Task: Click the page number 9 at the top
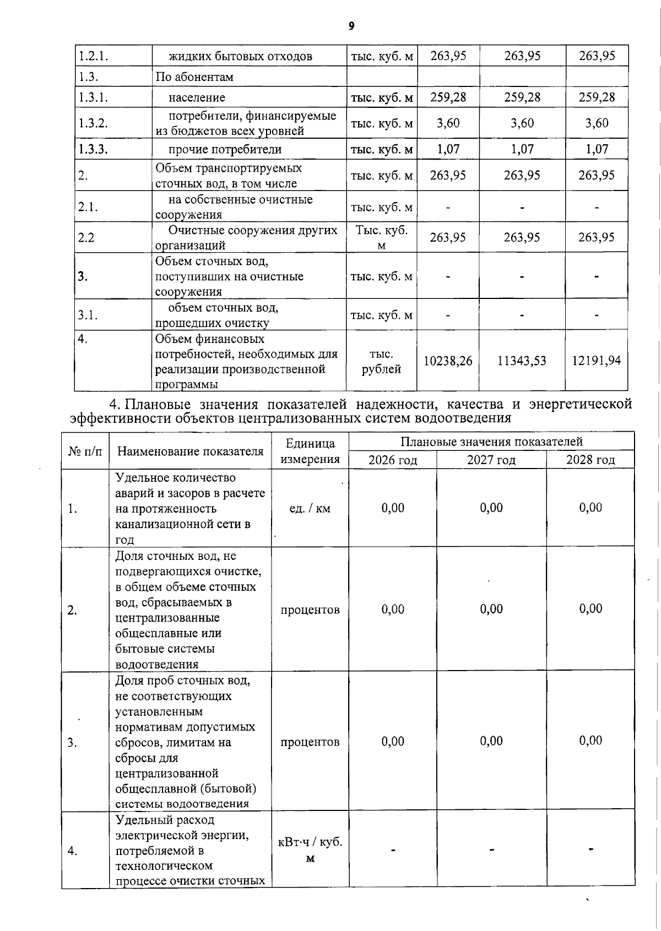[x=351, y=25]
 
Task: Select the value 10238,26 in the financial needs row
[x=448, y=361]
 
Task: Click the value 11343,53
[x=522, y=361]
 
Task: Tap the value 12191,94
[x=597, y=361]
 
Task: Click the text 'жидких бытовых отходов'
[x=240, y=56]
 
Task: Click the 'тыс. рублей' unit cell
[x=381, y=361]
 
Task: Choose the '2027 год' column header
[x=491, y=460]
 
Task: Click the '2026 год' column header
[x=393, y=460]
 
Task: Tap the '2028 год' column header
[x=590, y=460]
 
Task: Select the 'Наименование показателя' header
[x=191, y=451]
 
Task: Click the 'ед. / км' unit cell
[x=310, y=508]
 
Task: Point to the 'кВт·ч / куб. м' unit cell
[x=310, y=850]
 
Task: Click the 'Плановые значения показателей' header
[x=491, y=442]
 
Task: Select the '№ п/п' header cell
[x=85, y=451]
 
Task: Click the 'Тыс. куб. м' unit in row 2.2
[x=382, y=237]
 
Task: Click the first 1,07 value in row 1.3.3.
[x=448, y=149]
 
